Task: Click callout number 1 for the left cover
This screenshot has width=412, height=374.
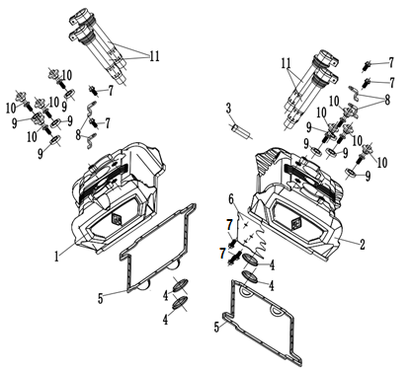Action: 56,257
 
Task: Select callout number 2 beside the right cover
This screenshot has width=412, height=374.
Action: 363,244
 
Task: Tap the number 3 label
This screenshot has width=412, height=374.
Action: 228,109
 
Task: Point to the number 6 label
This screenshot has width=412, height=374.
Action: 231,199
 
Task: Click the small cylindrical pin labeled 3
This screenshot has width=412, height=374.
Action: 241,131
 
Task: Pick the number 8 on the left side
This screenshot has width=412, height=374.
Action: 78,134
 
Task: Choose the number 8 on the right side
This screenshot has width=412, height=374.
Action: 387,100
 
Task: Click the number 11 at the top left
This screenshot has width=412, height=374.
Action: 154,56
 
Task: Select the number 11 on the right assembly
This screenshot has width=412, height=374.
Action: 286,63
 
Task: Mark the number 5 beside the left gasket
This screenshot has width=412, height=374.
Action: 101,298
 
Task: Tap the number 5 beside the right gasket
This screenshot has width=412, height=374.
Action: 216,327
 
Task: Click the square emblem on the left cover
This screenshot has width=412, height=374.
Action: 118,219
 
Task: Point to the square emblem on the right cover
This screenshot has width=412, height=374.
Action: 296,224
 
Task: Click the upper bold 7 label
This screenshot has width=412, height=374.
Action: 229,225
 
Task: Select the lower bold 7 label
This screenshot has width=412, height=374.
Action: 223,253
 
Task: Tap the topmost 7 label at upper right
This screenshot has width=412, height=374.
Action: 391,62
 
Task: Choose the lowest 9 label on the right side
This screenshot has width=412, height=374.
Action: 368,177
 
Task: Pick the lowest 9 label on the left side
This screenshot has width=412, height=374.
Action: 41,153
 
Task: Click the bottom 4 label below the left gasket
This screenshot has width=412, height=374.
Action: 166,320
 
